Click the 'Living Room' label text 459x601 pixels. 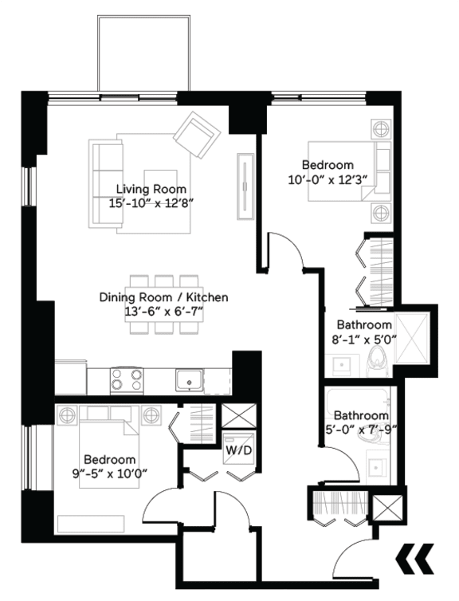[x=151, y=189]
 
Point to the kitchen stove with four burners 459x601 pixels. [x=125, y=379]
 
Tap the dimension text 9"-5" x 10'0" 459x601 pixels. [x=110, y=475]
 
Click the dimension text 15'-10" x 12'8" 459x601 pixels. [x=151, y=202]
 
